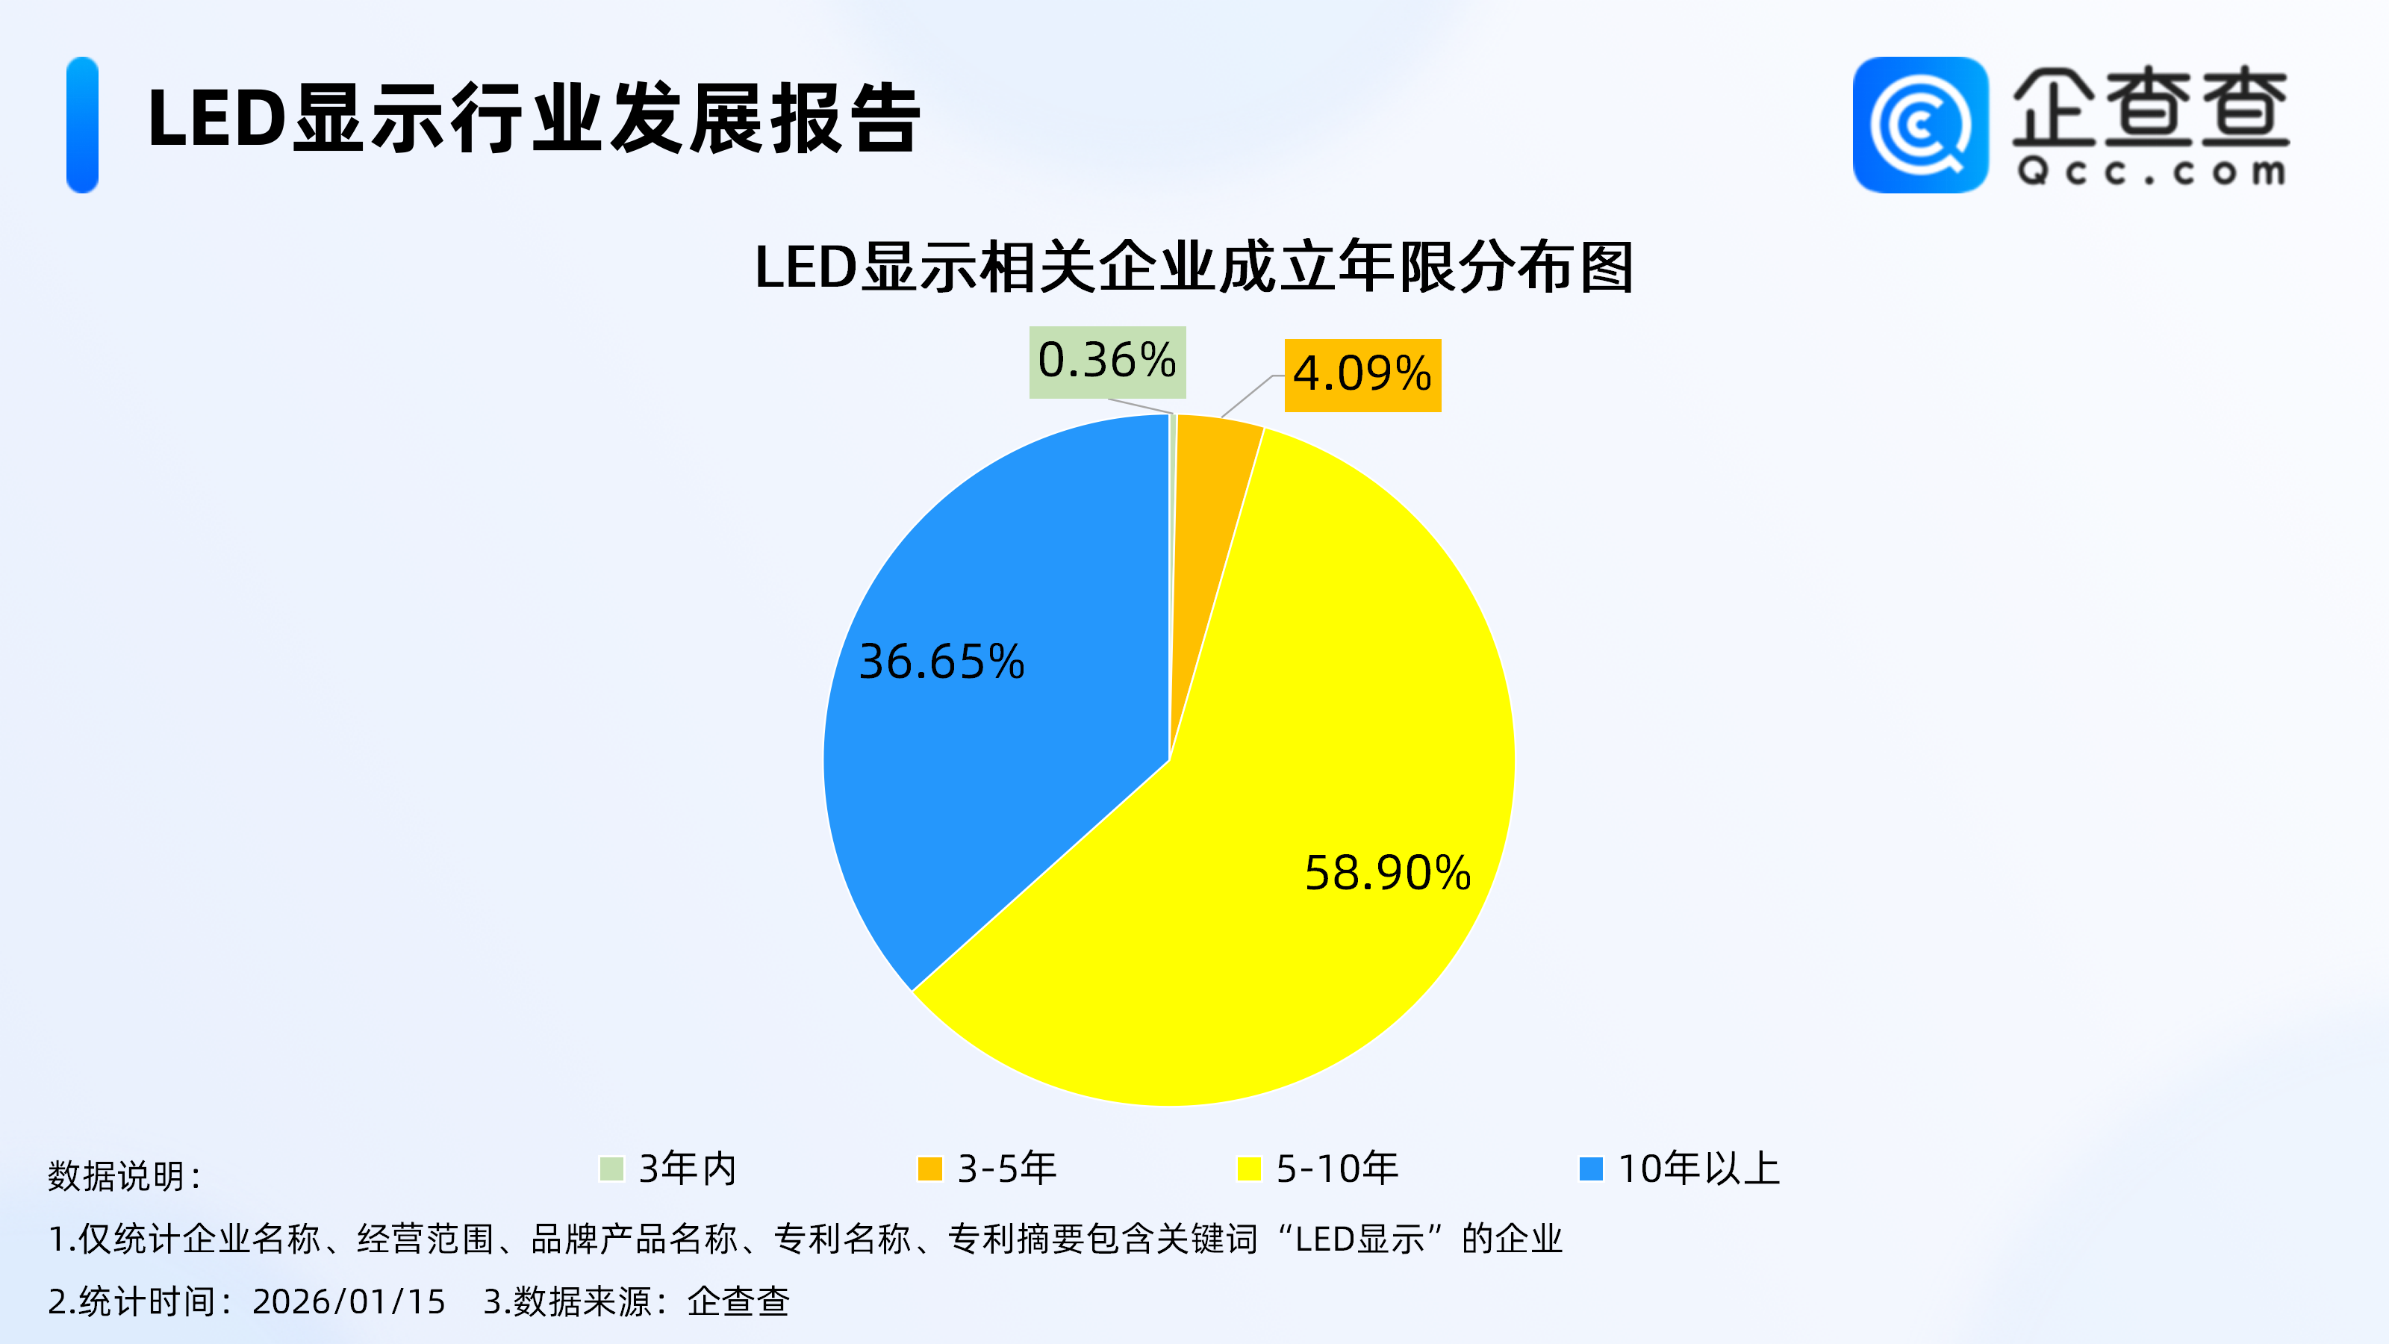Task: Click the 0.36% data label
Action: click(1107, 361)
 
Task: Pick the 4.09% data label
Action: click(1362, 375)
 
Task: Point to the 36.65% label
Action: click(941, 662)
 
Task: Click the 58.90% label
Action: click(1387, 873)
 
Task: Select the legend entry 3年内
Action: click(686, 1169)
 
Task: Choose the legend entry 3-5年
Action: click(1006, 1169)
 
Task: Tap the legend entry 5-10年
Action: click(1336, 1169)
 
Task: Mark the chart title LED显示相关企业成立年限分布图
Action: click(1194, 268)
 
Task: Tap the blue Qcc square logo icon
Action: click(1919, 125)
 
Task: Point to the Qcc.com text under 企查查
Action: click(2151, 172)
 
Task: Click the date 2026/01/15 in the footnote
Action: click(349, 1301)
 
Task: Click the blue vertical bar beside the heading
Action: click(83, 125)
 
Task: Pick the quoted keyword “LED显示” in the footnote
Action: click(1359, 1239)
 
